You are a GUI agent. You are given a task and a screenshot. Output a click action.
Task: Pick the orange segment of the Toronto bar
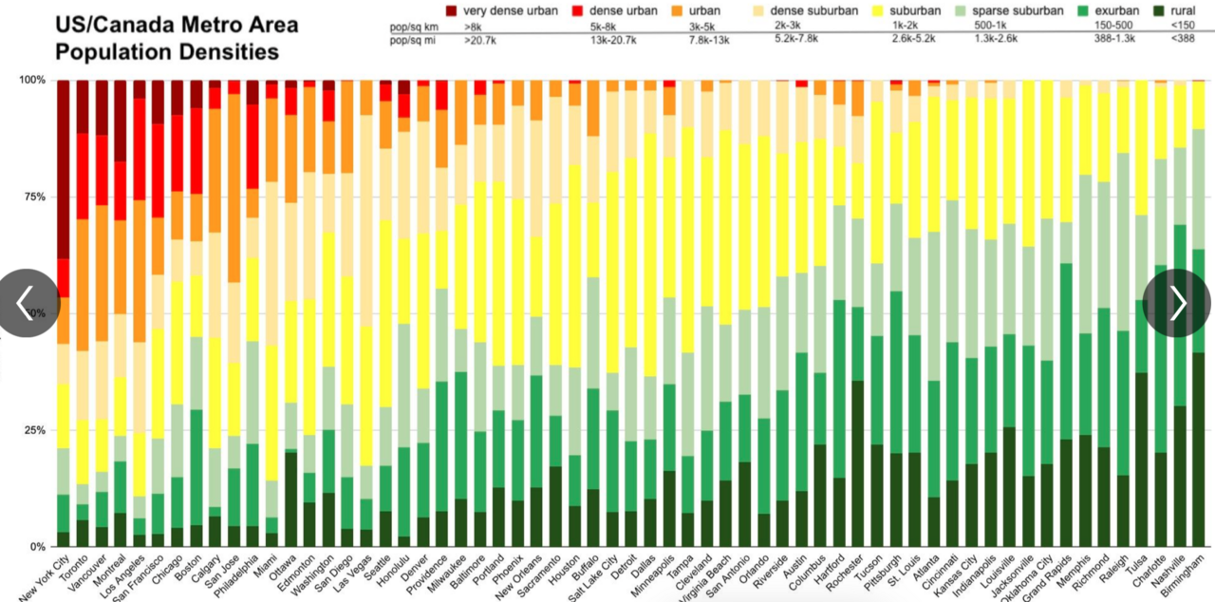(83, 285)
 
